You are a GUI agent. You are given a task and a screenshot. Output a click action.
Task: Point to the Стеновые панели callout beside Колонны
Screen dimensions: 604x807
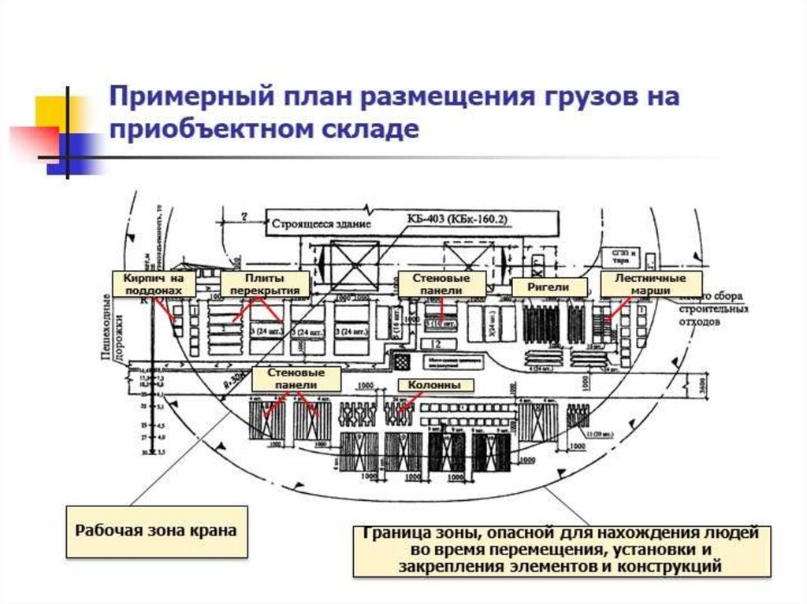point(297,379)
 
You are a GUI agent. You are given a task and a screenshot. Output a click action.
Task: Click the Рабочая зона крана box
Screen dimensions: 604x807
point(155,530)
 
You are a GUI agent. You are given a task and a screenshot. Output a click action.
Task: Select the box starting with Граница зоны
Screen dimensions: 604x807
point(560,549)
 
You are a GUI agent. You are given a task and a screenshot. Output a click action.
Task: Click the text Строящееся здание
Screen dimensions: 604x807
point(321,224)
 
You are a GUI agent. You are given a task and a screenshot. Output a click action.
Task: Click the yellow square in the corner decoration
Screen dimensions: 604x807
point(50,111)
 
